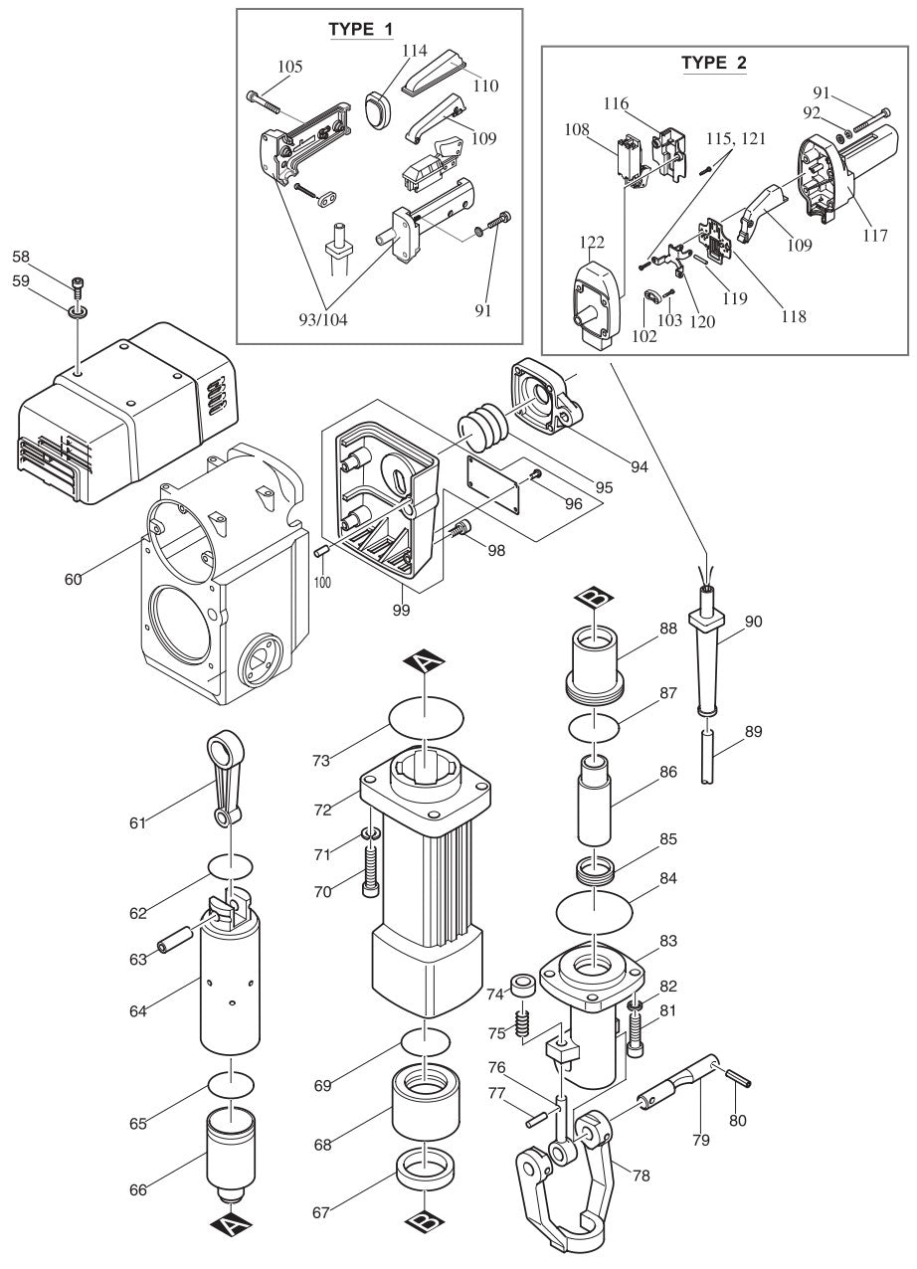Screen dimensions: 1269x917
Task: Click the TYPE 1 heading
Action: point(360,28)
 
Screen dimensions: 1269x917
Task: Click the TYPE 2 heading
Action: point(713,63)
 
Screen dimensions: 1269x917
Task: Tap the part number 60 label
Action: point(73,576)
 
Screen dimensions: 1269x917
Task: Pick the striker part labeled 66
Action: point(231,1155)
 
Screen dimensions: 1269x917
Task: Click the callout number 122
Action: point(592,242)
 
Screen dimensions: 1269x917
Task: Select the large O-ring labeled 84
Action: point(593,908)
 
